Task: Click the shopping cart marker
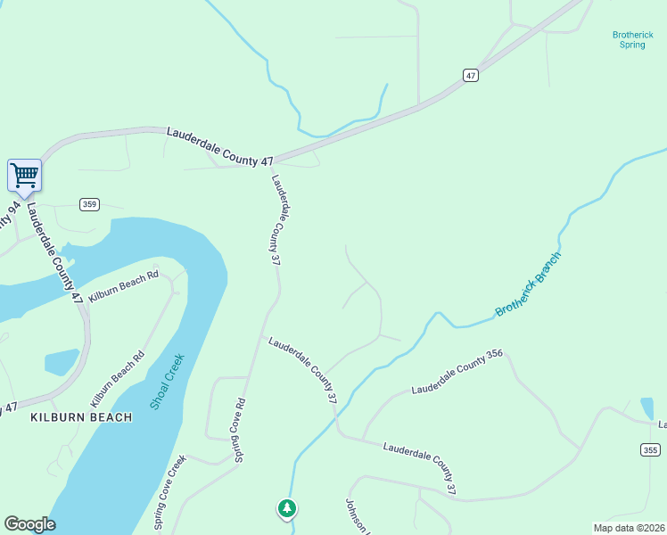pyautogui.click(x=24, y=175)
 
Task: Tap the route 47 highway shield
pyautogui.click(x=471, y=76)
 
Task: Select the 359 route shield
pyautogui.click(x=88, y=204)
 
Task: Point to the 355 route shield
pyautogui.click(x=649, y=450)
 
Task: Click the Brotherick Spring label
pyautogui.click(x=632, y=39)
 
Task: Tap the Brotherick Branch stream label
pyautogui.click(x=530, y=284)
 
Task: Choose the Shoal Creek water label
pyautogui.click(x=167, y=381)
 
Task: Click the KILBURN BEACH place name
pyautogui.click(x=81, y=417)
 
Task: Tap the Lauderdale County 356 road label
pyautogui.click(x=457, y=373)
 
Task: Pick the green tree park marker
pyautogui.click(x=286, y=508)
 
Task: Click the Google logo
pyautogui.click(x=29, y=524)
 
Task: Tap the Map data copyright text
pyautogui.click(x=629, y=528)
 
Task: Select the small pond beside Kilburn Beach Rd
pyautogui.click(x=61, y=361)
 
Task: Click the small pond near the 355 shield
pyautogui.click(x=646, y=407)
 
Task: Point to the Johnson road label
pyautogui.click(x=357, y=515)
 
